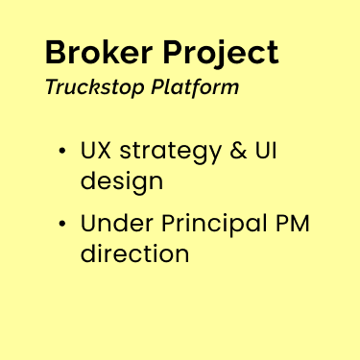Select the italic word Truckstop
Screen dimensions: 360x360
[94, 88]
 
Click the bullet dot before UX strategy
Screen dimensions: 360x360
[62, 152]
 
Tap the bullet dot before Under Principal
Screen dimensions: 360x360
[62, 225]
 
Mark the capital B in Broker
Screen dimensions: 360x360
[56, 52]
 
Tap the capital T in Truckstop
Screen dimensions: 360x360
[50, 87]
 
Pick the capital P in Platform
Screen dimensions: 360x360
[156, 87]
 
